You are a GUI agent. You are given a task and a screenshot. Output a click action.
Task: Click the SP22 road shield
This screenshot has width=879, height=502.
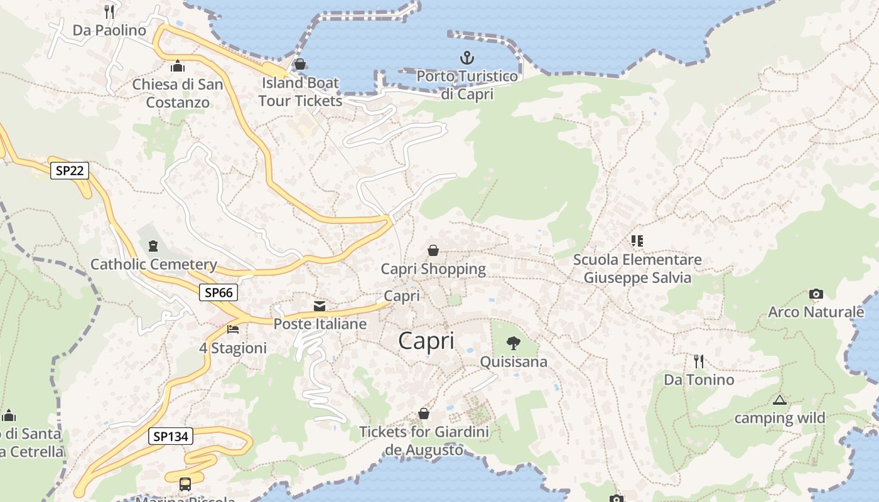tap(70, 171)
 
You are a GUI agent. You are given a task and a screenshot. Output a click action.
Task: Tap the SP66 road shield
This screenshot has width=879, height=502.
tap(218, 292)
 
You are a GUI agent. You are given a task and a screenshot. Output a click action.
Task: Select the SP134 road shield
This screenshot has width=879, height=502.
tap(171, 436)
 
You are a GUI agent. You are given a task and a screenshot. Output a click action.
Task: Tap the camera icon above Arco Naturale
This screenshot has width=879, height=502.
tap(816, 294)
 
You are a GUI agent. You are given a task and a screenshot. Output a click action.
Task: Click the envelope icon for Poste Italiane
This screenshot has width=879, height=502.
tap(320, 306)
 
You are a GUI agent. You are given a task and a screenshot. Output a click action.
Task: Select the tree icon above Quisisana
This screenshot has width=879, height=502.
tap(513, 343)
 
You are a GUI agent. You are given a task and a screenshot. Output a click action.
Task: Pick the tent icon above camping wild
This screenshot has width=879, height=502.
tap(779, 400)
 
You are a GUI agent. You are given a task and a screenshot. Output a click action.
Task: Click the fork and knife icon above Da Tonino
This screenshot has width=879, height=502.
tap(698, 361)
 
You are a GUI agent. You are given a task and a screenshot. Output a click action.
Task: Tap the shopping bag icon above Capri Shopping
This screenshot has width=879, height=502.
tap(433, 250)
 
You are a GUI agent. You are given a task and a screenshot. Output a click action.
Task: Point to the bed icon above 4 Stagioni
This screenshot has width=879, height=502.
tap(233, 329)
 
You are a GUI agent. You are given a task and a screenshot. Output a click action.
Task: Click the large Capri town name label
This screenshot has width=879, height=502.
tap(426, 341)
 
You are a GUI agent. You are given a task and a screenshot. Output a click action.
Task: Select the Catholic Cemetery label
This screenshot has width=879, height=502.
tap(154, 264)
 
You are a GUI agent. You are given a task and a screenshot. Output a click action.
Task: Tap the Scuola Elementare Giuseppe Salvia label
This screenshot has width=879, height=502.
tap(637, 269)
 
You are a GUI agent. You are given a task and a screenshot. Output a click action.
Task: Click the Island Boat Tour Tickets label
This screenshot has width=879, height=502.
tap(300, 92)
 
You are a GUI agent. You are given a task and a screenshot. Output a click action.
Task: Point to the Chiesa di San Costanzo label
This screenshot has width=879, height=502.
tap(178, 93)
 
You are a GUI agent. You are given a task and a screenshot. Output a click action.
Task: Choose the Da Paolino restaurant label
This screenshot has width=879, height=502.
tap(109, 30)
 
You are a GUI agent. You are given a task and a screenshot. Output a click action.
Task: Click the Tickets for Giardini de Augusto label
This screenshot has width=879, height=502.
tap(424, 441)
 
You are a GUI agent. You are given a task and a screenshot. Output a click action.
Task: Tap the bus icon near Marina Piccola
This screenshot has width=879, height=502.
tap(185, 484)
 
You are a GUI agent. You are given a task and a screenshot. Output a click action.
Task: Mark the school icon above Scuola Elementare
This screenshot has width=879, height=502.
tap(637, 240)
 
